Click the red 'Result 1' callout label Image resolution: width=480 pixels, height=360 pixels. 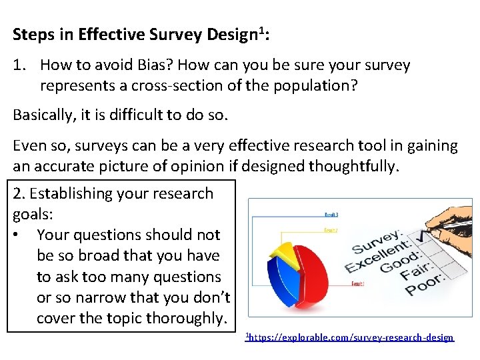pos(357,283)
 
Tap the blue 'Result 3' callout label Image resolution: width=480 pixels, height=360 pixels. pos(331,215)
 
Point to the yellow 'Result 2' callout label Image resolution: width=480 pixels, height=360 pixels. pos(331,230)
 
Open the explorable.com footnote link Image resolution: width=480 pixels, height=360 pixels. pos(350,338)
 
